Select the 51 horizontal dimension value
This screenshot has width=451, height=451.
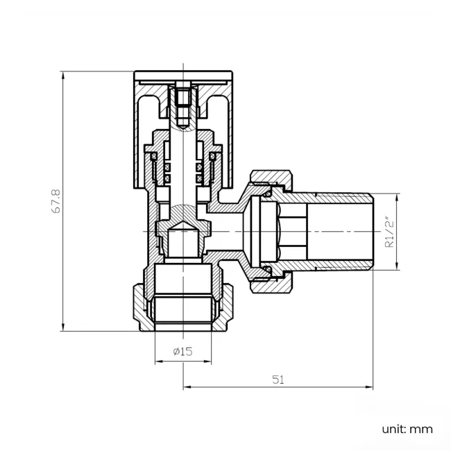pos(278,380)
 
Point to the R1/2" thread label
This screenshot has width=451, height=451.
pos(389,233)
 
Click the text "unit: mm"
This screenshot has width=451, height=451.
pos(407,429)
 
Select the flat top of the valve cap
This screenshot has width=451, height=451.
pos(182,74)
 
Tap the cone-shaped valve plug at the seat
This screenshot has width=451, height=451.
pos(182,223)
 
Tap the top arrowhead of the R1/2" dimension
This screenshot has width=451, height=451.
pos(397,196)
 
